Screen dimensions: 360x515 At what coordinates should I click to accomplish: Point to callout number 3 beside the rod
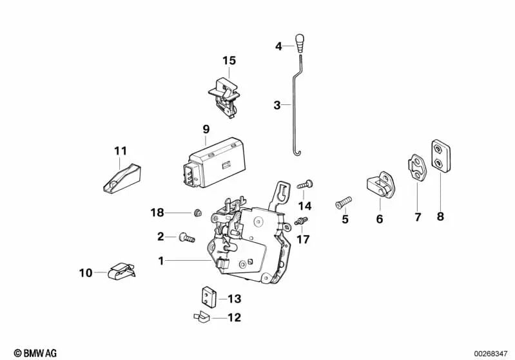(x=277, y=105)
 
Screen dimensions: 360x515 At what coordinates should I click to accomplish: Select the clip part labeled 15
(x=224, y=96)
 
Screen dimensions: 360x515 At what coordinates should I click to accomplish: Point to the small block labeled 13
(x=206, y=297)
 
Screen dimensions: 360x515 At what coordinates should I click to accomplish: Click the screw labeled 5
(x=342, y=203)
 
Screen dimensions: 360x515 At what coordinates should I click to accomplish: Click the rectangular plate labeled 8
(x=440, y=156)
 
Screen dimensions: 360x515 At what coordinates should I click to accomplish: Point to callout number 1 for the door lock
(x=161, y=261)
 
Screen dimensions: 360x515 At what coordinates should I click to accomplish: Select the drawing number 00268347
(x=491, y=353)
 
